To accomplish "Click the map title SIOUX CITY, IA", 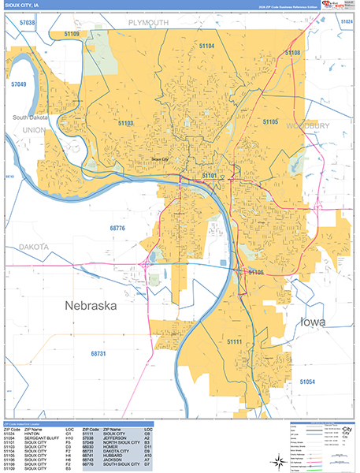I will [x=22, y=5].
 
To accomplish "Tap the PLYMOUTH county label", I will [x=148, y=24].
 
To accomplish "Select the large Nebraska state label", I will [x=85, y=305].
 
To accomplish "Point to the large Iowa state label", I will [x=319, y=322].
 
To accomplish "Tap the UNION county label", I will [x=34, y=129].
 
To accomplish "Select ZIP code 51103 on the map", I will [x=125, y=123].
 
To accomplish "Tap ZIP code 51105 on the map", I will [x=270, y=122].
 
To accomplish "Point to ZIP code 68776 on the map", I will [x=117, y=228].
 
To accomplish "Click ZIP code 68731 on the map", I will [x=98, y=354].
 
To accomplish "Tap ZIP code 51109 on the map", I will [x=71, y=35].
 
